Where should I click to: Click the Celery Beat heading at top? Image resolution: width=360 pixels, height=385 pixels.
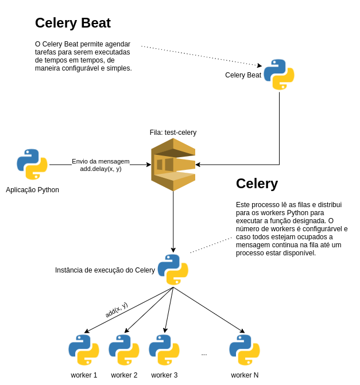click(73, 23)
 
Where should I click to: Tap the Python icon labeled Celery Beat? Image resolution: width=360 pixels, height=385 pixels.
click(279, 75)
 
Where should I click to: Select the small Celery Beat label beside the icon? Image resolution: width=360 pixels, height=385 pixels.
click(243, 75)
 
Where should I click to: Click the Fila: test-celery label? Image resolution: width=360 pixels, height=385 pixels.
click(173, 133)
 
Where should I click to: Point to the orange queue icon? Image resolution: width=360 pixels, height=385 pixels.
click(173, 165)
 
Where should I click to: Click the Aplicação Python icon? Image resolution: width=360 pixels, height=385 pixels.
click(32, 165)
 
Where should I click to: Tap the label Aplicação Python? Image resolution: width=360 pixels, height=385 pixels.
click(32, 190)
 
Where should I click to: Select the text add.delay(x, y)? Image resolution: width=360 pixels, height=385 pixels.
click(100, 169)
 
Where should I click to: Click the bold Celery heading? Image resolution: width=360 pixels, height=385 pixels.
click(257, 184)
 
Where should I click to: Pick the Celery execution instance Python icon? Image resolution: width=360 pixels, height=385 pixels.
click(173, 270)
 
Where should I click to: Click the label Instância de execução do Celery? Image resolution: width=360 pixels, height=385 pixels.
click(105, 270)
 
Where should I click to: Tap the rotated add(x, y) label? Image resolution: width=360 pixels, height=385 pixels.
click(116, 310)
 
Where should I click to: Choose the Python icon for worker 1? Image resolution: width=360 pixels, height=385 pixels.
click(84, 350)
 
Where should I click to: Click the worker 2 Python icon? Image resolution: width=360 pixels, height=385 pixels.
click(124, 350)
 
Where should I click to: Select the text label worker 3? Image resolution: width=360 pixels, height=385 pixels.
click(164, 375)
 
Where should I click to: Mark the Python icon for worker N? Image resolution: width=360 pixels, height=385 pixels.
click(245, 350)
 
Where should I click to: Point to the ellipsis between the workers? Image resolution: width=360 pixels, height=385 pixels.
click(204, 353)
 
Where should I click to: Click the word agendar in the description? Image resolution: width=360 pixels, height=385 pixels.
click(118, 44)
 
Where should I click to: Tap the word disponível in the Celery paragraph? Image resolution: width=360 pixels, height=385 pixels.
click(297, 253)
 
